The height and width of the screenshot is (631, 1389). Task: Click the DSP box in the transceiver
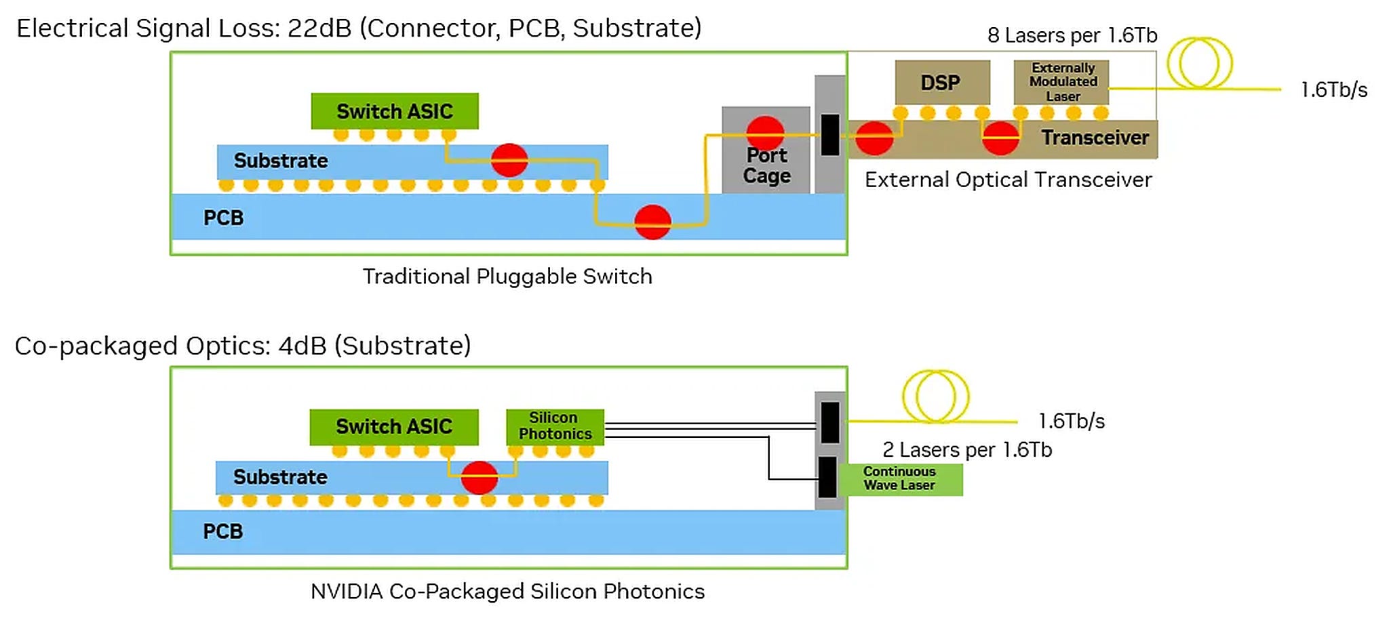pos(941,83)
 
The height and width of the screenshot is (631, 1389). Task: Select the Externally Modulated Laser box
pos(1061,82)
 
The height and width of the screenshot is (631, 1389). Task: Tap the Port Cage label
pos(766,165)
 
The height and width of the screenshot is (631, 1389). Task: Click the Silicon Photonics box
pos(555,426)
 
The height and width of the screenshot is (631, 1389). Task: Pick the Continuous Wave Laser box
pos(900,479)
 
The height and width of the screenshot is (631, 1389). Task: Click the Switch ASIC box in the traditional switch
pos(394,111)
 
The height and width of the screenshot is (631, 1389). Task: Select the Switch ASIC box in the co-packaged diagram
pos(393,426)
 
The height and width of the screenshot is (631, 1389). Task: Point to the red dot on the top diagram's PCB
pos(652,222)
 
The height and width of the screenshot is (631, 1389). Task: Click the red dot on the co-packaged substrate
pos(480,477)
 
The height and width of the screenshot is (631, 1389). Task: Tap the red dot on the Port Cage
pos(765,132)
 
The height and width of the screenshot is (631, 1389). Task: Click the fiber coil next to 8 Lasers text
pos(1199,63)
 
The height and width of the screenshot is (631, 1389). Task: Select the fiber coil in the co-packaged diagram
pos(935,396)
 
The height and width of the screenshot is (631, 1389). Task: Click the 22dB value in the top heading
pos(319,28)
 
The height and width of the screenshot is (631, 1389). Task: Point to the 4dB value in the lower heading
pos(302,346)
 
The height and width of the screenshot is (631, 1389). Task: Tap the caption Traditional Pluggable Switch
pos(507,277)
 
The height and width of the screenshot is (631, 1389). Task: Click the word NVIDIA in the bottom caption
pos(347,592)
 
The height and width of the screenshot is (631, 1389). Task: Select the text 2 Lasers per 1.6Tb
pos(966,450)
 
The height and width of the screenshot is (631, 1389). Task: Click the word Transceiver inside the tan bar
pos(1095,138)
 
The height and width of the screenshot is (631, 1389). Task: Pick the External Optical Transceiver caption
pos(1008,180)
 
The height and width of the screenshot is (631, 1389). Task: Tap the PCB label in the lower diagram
pos(222,531)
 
